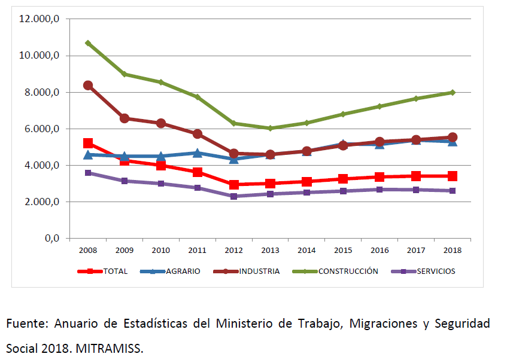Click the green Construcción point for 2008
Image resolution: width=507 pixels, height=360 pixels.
pos(88,43)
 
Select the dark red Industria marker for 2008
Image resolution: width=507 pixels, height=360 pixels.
pos(88,85)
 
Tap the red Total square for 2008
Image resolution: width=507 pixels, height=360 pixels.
pos(88,144)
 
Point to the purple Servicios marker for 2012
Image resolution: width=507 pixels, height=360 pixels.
pos(233,196)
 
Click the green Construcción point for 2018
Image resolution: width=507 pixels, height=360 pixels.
pos(453,92)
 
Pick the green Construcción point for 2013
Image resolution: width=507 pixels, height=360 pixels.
pos(270,128)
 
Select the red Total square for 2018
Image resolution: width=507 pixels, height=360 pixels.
pos(453,176)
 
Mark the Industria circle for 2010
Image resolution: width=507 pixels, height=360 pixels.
pos(161,123)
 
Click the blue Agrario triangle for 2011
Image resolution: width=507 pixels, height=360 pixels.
pos(198,153)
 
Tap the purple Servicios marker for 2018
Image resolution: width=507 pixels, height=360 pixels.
pos(453,191)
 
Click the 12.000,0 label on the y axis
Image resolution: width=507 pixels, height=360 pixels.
pos(39,19)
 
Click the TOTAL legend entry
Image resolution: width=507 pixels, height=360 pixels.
pos(115,271)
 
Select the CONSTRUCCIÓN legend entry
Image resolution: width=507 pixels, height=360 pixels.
pos(348,271)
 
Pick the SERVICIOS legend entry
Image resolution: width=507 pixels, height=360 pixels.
pos(436,271)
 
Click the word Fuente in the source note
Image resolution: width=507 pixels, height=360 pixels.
pos(27,324)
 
